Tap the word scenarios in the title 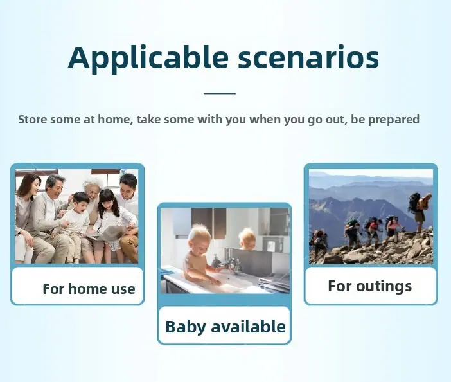(308, 57)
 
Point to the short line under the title (220, 93)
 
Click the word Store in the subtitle (33, 119)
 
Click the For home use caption (89, 289)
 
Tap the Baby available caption (225, 327)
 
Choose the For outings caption (370, 286)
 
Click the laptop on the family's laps (107, 232)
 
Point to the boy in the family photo (75, 224)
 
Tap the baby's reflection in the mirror (247, 239)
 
